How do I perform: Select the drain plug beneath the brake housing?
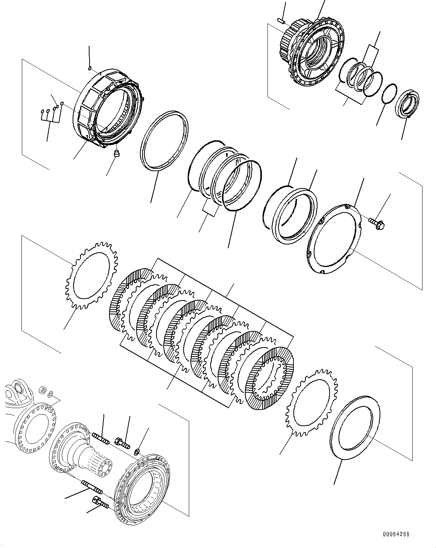pyautogui.click(x=117, y=153)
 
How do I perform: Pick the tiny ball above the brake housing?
pyautogui.click(x=89, y=68)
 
